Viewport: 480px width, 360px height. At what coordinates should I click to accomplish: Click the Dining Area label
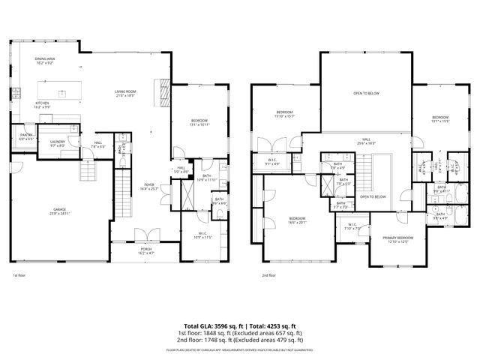click(x=44, y=60)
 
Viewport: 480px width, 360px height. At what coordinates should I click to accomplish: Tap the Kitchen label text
click(x=43, y=104)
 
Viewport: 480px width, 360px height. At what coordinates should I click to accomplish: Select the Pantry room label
click(x=26, y=136)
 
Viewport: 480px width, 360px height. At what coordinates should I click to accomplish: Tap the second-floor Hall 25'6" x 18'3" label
click(x=367, y=140)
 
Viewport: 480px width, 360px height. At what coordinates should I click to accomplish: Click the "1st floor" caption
click(x=19, y=275)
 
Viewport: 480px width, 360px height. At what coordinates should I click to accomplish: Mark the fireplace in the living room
click(x=157, y=91)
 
